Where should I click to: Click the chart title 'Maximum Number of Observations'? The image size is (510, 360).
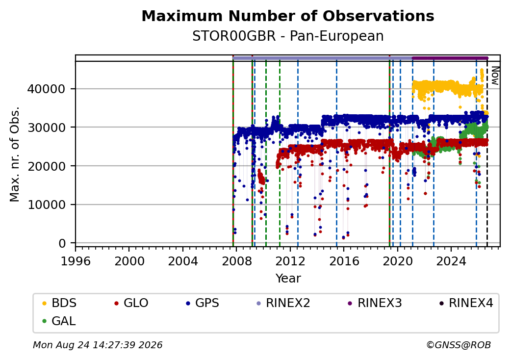click(288, 16)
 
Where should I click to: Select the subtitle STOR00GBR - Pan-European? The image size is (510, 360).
click(288, 36)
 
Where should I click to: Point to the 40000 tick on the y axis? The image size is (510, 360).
click(47, 89)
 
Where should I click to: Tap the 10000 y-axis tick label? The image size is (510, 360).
click(47, 205)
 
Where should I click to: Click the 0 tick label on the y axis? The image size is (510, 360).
click(62, 243)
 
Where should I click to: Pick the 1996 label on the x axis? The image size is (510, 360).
click(76, 261)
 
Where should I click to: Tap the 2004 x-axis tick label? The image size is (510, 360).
click(183, 261)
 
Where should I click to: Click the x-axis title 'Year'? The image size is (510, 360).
click(288, 279)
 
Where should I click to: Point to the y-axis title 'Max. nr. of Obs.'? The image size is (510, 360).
click(15, 154)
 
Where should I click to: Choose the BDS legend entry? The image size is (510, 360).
click(59, 303)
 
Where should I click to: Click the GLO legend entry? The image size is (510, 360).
click(131, 303)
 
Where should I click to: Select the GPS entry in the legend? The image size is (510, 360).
click(203, 303)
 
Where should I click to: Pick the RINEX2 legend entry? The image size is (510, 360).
click(283, 303)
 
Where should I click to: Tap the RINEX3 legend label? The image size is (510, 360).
click(375, 303)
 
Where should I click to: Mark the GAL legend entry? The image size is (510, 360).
click(59, 321)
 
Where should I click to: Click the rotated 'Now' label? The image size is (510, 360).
click(495, 76)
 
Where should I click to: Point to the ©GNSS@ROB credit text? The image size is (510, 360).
click(459, 345)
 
